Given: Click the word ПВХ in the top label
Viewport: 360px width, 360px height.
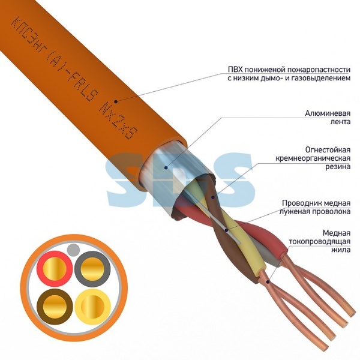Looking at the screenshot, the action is (234, 70).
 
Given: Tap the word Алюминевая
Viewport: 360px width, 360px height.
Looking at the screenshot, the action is (328, 113).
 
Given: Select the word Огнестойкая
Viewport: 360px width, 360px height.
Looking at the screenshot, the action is (328, 149).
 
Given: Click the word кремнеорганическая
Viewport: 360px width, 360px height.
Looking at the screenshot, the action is (313, 158).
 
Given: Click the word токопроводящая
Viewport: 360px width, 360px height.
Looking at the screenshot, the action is (320, 241).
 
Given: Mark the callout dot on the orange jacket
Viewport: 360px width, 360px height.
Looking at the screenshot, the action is (116, 101).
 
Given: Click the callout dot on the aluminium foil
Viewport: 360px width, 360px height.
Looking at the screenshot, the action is (166, 167).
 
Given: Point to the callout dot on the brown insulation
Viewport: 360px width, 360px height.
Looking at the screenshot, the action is (213, 197).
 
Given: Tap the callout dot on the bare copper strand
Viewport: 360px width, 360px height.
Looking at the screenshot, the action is (268, 281).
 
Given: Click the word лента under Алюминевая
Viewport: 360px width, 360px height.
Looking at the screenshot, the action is (340, 122).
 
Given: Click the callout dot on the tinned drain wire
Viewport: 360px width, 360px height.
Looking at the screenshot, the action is (226, 230).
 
